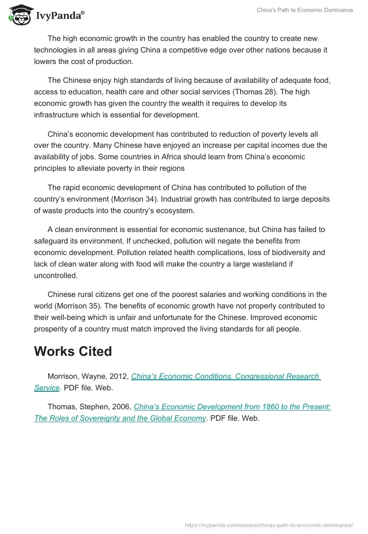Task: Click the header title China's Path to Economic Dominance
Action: (305, 10)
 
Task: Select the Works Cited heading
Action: (73, 351)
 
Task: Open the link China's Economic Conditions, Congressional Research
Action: (226, 376)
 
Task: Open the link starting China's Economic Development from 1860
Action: (232, 406)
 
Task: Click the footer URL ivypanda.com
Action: (269, 525)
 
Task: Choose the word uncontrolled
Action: (56, 275)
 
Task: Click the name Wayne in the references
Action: (95, 376)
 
